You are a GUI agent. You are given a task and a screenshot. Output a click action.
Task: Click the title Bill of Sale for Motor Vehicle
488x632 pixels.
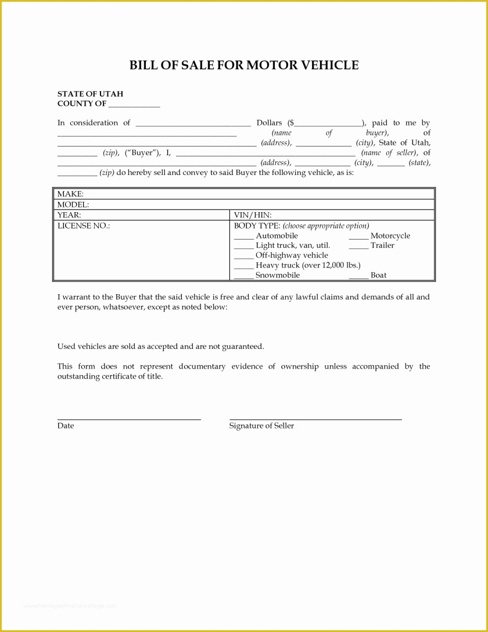pos(243,65)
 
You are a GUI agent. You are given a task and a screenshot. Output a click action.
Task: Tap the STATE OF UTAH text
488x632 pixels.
pos(90,94)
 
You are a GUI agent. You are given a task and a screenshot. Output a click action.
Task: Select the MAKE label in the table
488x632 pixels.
pos(70,194)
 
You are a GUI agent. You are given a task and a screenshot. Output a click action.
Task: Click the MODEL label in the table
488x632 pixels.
pos(73,205)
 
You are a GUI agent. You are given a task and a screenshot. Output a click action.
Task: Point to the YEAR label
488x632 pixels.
pos(69,215)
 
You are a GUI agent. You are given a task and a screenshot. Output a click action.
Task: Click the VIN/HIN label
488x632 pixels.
pos(253,215)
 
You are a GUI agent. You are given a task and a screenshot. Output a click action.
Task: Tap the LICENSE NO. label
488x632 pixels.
pos(84,226)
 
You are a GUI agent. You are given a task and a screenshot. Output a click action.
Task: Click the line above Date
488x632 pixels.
pos(129,419)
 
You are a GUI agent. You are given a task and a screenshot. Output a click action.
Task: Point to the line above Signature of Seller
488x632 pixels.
pos(315,419)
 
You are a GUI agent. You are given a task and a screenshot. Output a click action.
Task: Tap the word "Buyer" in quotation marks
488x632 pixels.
pos(142,153)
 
